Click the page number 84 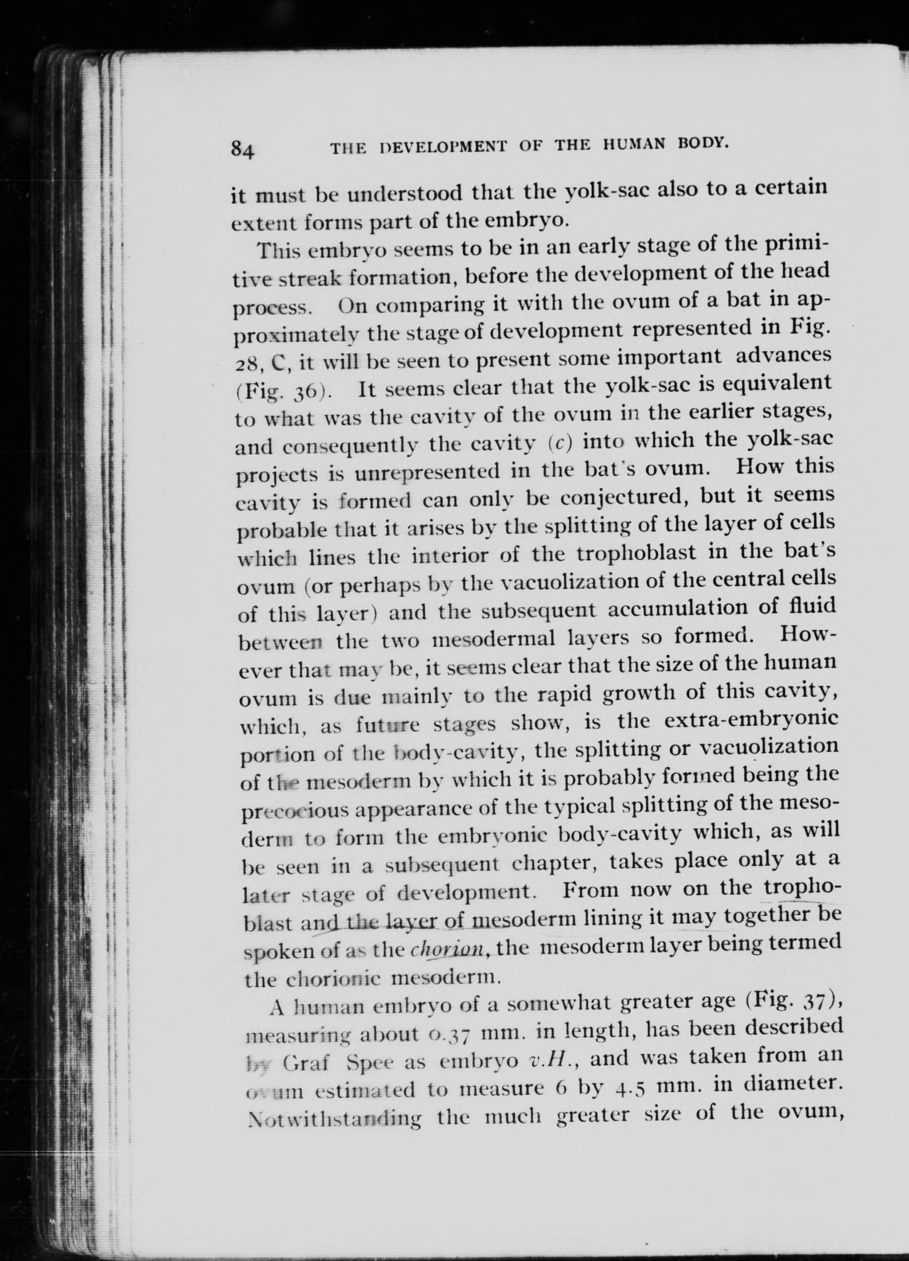(243, 150)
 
